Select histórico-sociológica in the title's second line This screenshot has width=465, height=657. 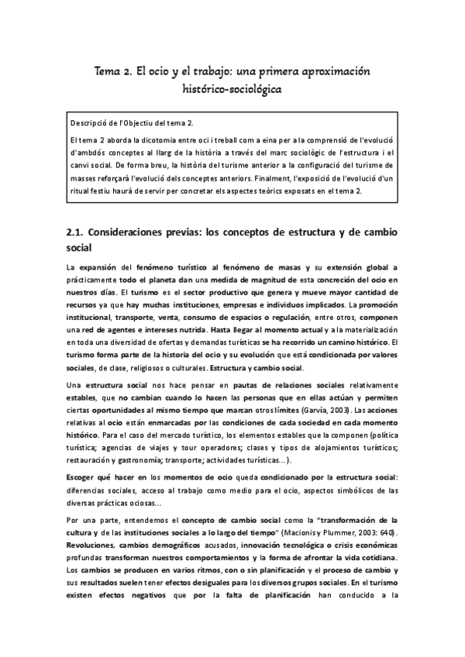[x=232, y=90]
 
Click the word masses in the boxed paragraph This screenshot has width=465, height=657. [x=82, y=178]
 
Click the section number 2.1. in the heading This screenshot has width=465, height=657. [x=75, y=232]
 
